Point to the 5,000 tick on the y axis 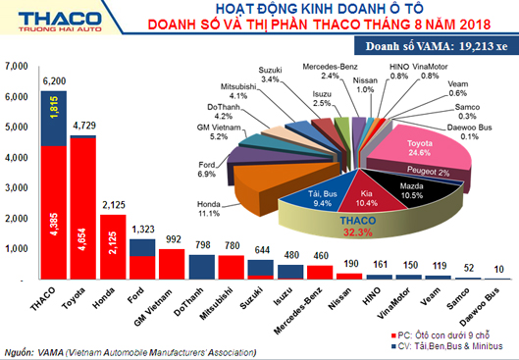tap(18, 128)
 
